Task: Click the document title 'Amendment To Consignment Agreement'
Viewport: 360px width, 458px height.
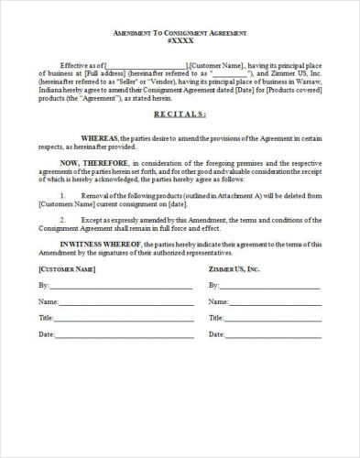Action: (x=180, y=32)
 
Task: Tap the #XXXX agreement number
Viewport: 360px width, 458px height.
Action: (x=180, y=42)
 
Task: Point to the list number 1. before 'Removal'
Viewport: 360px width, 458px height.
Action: (x=61, y=196)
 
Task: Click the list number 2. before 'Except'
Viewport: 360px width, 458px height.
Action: (x=61, y=221)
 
